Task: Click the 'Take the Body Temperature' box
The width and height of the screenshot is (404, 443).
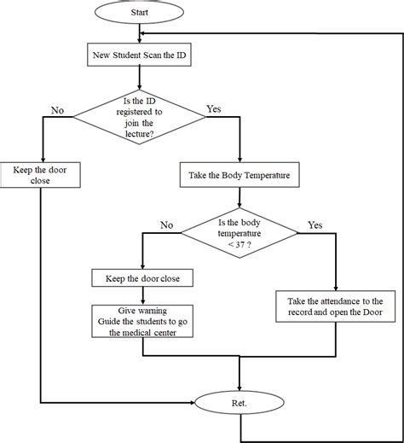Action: click(x=240, y=178)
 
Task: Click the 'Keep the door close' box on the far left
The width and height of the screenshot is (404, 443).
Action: click(x=40, y=175)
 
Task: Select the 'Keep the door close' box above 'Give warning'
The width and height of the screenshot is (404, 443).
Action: click(x=142, y=278)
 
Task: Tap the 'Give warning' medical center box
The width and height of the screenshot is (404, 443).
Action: click(x=142, y=320)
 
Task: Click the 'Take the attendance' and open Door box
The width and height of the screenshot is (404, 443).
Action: click(x=337, y=307)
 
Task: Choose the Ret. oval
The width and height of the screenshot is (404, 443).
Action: click(x=240, y=400)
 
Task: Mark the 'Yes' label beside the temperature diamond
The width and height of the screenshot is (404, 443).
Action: click(x=314, y=225)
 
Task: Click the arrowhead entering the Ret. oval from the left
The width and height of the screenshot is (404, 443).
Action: click(x=194, y=400)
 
